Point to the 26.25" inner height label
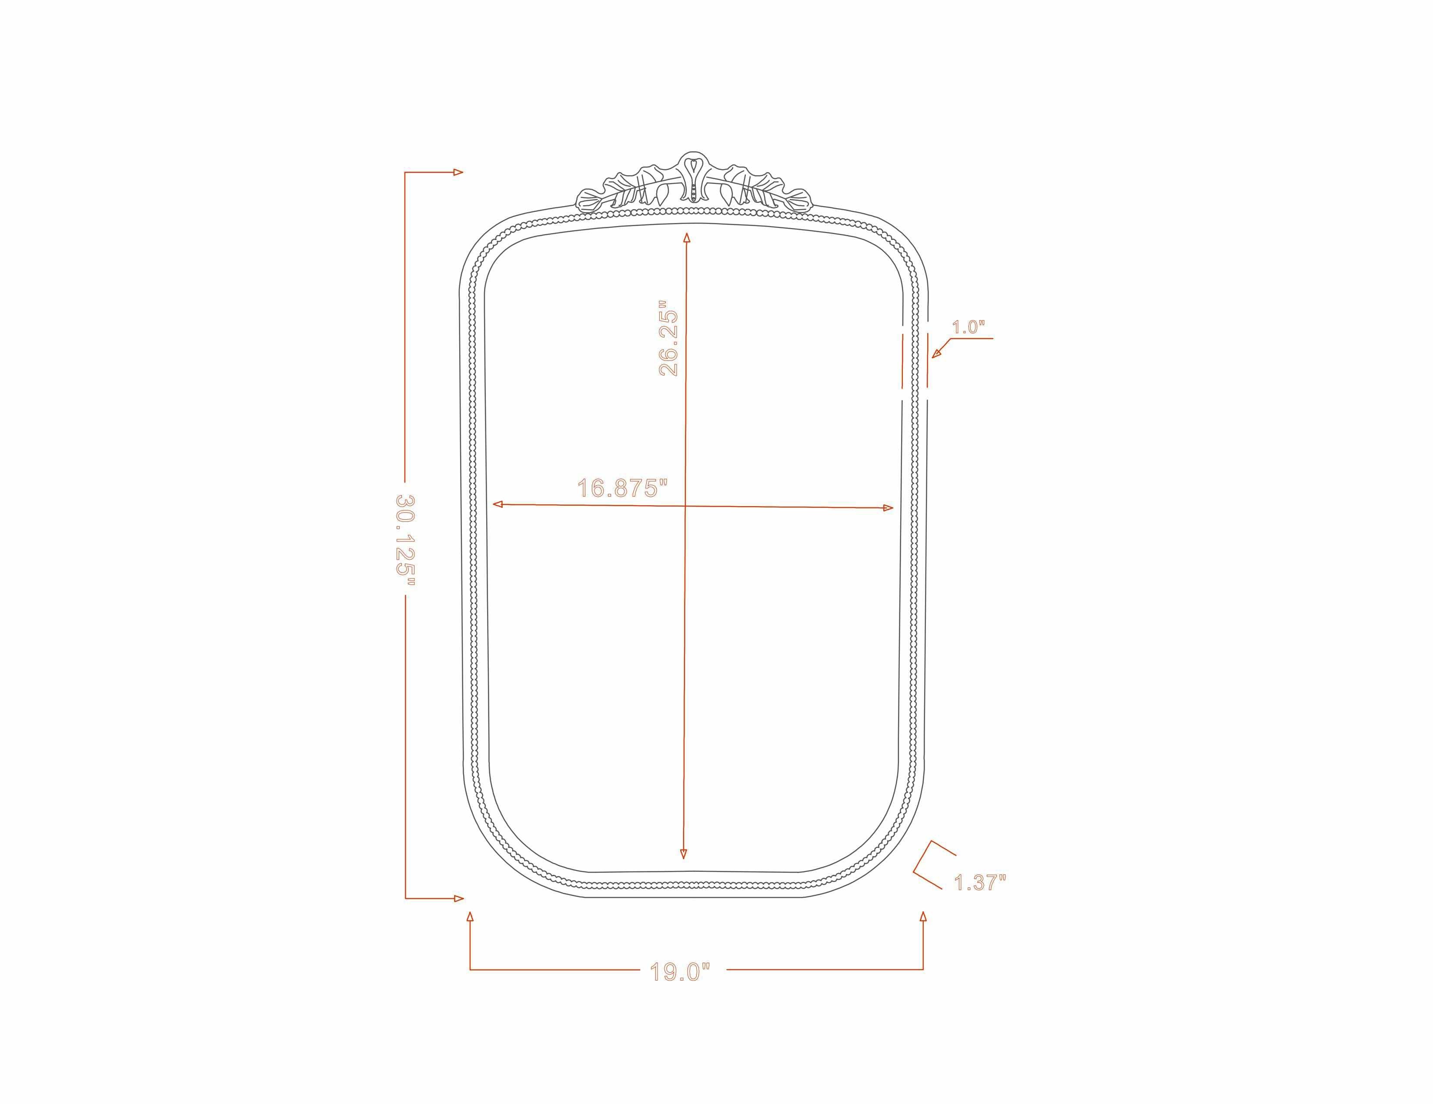coord(668,338)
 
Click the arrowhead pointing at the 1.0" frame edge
coord(937,353)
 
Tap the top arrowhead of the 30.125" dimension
coord(458,173)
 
